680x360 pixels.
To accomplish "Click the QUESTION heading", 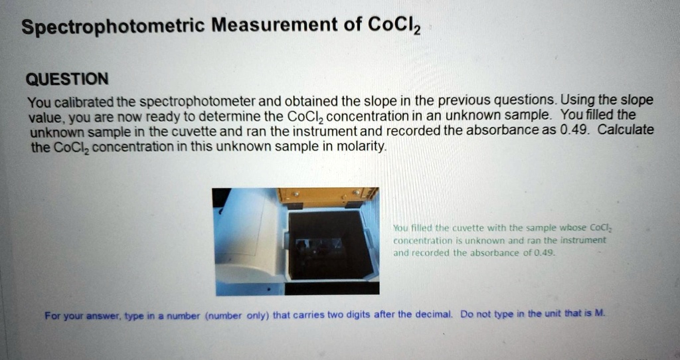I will pyautogui.click(x=66, y=80).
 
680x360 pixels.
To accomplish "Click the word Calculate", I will pyautogui.click(x=626, y=130).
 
